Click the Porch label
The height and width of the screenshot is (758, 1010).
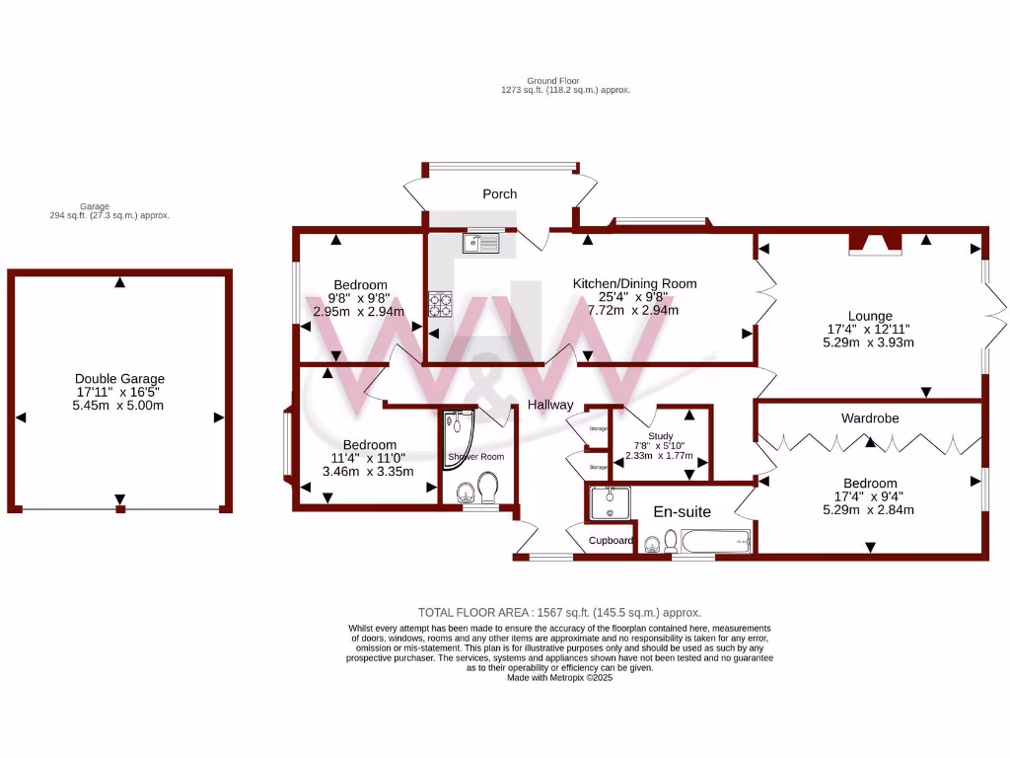[x=499, y=194]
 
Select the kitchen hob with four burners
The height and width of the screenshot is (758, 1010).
[x=440, y=305]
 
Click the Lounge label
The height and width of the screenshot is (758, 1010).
[x=868, y=317]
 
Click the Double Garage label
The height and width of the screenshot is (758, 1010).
[x=119, y=379]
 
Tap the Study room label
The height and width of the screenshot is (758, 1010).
[x=660, y=435]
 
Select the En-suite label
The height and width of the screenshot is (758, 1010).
[x=683, y=511]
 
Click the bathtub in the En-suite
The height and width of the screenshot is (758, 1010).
[x=717, y=541]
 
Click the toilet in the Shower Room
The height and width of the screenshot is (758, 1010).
[x=487, y=487]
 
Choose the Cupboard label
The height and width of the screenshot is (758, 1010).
[x=611, y=541]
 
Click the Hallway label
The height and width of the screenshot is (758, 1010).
[x=549, y=405]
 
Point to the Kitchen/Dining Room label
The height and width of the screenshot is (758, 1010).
[x=634, y=284]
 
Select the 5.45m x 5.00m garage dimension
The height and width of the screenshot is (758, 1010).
[x=119, y=406]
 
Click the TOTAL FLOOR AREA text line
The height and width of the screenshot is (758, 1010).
[x=559, y=613]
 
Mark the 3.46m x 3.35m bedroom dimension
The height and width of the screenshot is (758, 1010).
[x=368, y=472]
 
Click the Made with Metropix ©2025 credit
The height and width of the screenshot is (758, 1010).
[x=559, y=678]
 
